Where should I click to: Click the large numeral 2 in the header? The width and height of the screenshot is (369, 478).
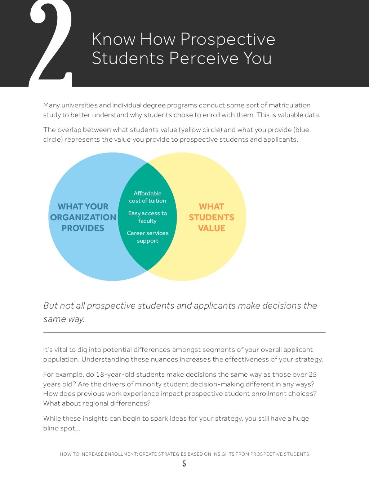50,43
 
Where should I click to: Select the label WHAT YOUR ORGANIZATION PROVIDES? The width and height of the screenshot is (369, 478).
83,217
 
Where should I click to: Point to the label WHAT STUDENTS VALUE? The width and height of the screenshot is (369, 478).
212,217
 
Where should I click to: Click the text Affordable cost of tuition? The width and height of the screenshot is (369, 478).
147,197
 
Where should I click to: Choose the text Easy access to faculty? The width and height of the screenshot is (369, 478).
147,217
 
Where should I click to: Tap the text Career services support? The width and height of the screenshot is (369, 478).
147,237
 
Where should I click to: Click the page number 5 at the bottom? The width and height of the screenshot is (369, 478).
184,464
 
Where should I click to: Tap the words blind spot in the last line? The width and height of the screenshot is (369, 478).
60,428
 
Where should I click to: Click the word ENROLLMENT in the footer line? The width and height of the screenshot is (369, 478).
120,454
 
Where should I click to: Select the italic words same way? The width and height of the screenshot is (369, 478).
63,319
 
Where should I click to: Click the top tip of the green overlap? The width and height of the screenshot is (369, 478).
147,163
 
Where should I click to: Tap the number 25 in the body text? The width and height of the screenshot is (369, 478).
312,375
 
